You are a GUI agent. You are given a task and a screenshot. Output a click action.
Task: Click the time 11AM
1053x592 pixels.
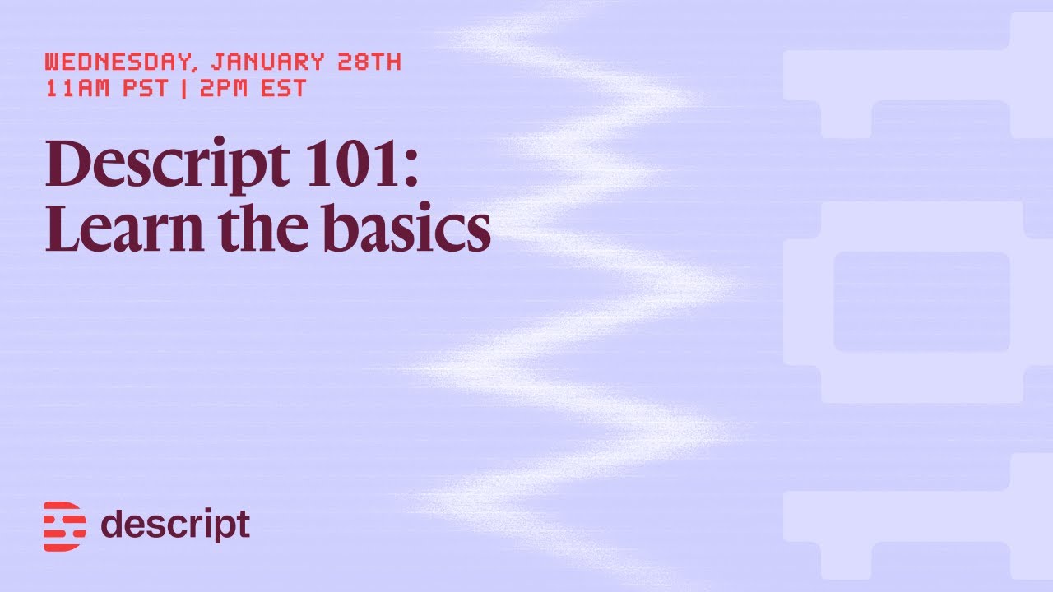pyautogui.click(x=76, y=88)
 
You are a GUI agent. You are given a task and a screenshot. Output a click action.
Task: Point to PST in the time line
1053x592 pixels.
pyautogui.click(x=145, y=88)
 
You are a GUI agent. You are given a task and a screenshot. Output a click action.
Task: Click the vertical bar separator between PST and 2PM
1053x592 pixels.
pyautogui.click(x=183, y=88)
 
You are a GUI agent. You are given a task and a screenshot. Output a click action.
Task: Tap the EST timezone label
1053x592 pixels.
pyautogui.click(x=282, y=88)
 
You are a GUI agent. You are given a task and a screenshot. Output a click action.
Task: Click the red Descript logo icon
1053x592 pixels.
pyautogui.click(x=64, y=525)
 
